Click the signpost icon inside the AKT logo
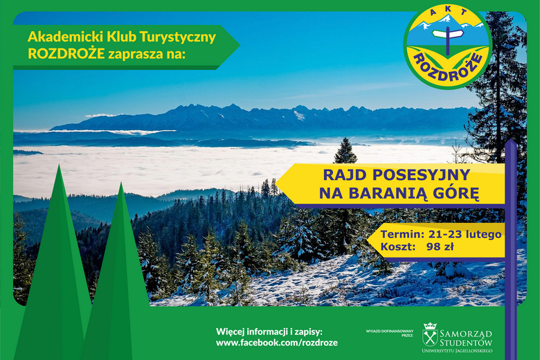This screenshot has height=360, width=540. tap(448, 39)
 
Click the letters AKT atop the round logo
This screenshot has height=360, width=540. tap(449, 14)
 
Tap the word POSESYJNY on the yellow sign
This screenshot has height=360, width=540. tap(421, 175)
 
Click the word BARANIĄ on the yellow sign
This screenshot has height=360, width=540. tap(387, 194)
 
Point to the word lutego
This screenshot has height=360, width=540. tap(483, 235)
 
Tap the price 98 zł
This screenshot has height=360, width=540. tap(440, 247)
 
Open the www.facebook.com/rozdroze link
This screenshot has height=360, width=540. tap(277, 343)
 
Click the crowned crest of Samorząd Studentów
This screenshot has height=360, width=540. tap(430, 334)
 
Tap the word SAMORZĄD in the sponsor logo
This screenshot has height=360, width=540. tap(466, 334)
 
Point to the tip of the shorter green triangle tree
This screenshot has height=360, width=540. tap(121, 183)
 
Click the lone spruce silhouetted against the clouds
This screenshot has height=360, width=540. tap(345, 152)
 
